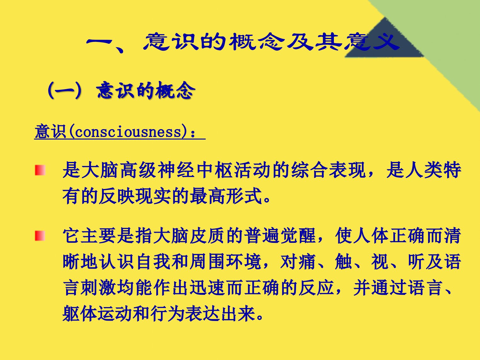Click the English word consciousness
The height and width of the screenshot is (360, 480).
(x=128, y=132)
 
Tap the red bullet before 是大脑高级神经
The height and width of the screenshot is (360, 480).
(x=40, y=170)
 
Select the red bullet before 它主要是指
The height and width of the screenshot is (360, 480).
(x=40, y=236)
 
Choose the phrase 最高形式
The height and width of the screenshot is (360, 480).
(x=226, y=196)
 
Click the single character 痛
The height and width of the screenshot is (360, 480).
(x=307, y=262)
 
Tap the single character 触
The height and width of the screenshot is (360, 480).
(x=343, y=262)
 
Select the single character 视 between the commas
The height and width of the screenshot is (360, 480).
(x=380, y=262)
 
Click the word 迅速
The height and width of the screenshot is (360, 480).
(x=208, y=288)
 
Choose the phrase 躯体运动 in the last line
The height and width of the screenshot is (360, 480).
(x=97, y=314)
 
